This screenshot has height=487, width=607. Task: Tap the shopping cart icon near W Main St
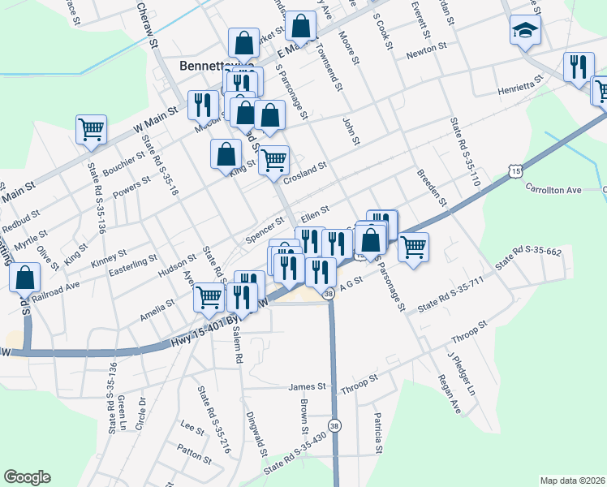(x=91, y=129)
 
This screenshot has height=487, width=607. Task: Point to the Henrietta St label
(x=519, y=85)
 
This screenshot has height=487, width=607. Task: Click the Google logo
(x=27, y=477)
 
